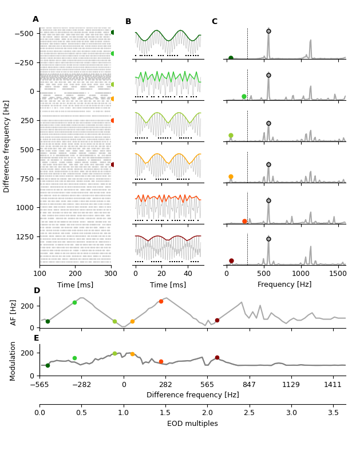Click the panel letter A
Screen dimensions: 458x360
[x=35, y=19]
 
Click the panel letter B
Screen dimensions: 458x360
[x=128, y=22]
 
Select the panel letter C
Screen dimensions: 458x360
[x=214, y=22]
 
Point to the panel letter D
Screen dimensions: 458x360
[x=37, y=291]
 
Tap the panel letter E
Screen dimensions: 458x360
[x=36, y=338]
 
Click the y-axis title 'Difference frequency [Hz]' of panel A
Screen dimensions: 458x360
[x=7, y=146]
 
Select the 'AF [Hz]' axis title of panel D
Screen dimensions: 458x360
[x=14, y=313]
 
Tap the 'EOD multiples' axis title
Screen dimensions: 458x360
[x=192, y=424]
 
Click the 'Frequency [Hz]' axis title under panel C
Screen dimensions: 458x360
[x=285, y=285]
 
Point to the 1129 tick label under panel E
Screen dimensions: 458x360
[x=291, y=385]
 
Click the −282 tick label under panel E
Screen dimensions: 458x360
[x=81, y=385]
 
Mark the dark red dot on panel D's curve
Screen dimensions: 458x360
[x=217, y=321]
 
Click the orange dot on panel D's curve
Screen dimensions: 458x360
[x=132, y=321]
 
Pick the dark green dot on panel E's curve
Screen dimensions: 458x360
[x=48, y=365]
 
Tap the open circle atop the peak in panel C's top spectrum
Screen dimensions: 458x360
[x=268, y=31]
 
